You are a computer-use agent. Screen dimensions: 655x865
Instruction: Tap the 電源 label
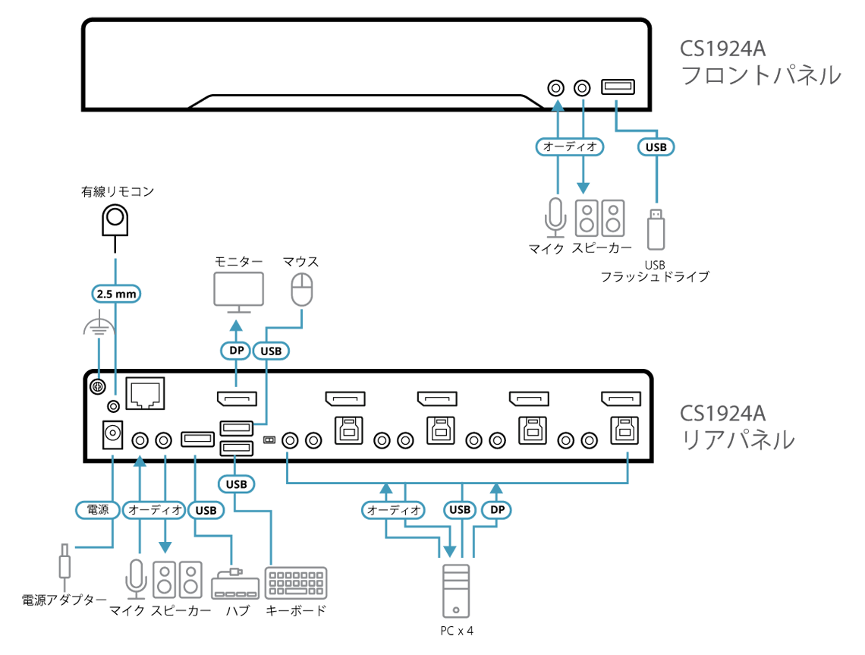[x=99, y=510]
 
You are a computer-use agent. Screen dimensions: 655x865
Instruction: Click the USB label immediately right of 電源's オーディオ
[x=206, y=510]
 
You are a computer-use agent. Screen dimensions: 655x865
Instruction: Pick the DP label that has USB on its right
[x=235, y=351]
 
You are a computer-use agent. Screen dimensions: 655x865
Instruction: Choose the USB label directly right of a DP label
[x=270, y=351]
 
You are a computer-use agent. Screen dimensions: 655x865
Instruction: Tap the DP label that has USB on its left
[x=497, y=510]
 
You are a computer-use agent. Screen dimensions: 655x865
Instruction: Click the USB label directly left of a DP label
[x=460, y=510]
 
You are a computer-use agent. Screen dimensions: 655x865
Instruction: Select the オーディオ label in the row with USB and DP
[x=394, y=510]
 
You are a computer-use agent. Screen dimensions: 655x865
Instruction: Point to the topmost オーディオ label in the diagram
[x=570, y=147]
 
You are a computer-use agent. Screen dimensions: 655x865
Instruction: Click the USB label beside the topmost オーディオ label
[x=656, y=147]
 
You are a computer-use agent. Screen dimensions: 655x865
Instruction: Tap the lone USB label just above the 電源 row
[x=237, y=483]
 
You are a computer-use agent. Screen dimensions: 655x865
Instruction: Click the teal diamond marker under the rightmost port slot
[x=627, y=455]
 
